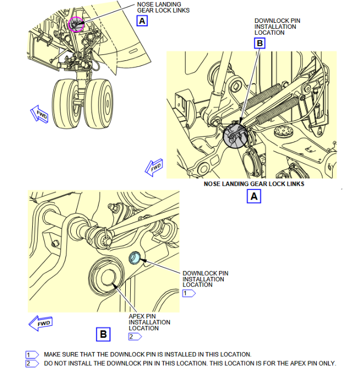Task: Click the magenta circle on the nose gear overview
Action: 69,24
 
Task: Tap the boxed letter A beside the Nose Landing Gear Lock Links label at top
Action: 142,21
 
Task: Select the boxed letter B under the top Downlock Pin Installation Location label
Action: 260,43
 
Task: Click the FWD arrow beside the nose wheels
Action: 39,114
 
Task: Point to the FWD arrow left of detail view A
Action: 154,168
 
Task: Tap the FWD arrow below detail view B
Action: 40,323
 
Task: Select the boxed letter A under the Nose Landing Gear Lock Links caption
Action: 254,196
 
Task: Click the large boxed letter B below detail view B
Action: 103,334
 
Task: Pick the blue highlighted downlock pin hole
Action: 135,257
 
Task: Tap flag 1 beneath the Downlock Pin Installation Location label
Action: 189,293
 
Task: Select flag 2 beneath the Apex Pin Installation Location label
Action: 135,336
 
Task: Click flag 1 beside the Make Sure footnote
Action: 32,355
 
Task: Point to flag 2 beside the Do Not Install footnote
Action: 32,363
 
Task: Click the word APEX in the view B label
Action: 137,316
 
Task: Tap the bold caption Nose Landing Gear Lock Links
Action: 254,184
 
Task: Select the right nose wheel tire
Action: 99,104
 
